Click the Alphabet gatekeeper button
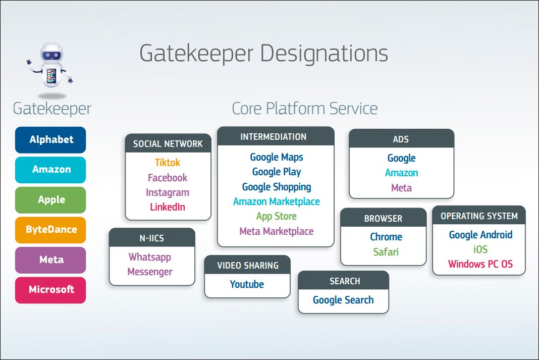[x=50, y=140]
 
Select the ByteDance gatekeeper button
[x=50, y=230]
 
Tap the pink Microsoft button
[x=50, y=290]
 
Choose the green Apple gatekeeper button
[x=50, y=200]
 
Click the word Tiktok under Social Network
[x=168, y=163]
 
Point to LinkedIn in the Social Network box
[x=168, y=207]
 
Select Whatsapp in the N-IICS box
[x=150, y=257]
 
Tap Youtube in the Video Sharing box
[x=247, y=284]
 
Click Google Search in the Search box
[x=343, y=300]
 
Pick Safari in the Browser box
[x=386, y=251]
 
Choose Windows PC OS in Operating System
[x=480, y=264]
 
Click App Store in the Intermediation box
[x=276, y=216]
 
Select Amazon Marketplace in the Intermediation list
[x=276, y=201]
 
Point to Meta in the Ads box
[x=401, y=188]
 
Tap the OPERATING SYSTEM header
[x=479, y=216]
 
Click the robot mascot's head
[x=52, y=53]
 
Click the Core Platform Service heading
[x=304, y=108]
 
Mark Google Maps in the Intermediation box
[x=276, y=157]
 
